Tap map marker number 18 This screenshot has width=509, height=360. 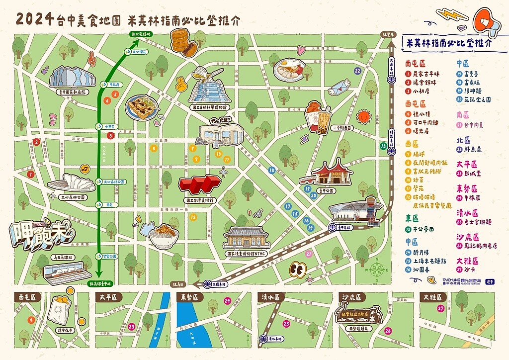[x=271, y=170]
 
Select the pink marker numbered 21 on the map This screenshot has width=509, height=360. [x=309, y=254]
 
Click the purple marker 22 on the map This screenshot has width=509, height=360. [x=357, y=71]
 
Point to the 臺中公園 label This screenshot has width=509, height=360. [x=324, y=190]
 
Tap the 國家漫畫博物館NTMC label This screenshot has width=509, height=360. [x=247, y=253]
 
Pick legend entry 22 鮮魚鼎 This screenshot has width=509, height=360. [x=470, y=149]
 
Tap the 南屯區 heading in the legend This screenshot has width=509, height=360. [x=415, y=64]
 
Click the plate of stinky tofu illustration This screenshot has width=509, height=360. [x=142, y=107]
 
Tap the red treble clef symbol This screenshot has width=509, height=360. [x=91, y=59]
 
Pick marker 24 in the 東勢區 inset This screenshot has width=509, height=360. [x=227, y=301]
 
